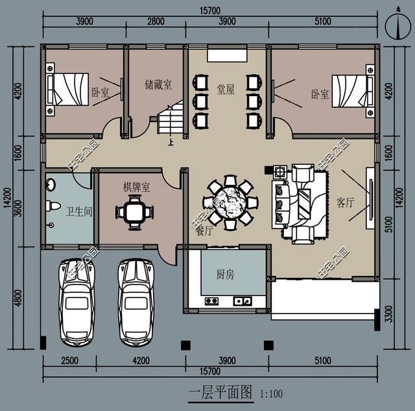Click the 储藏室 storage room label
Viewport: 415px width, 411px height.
158,84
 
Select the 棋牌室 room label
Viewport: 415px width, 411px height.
137,187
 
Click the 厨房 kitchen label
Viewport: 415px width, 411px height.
225,275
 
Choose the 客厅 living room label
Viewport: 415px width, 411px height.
346,202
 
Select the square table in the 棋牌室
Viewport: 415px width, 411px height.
132,212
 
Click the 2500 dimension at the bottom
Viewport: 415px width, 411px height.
70,361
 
